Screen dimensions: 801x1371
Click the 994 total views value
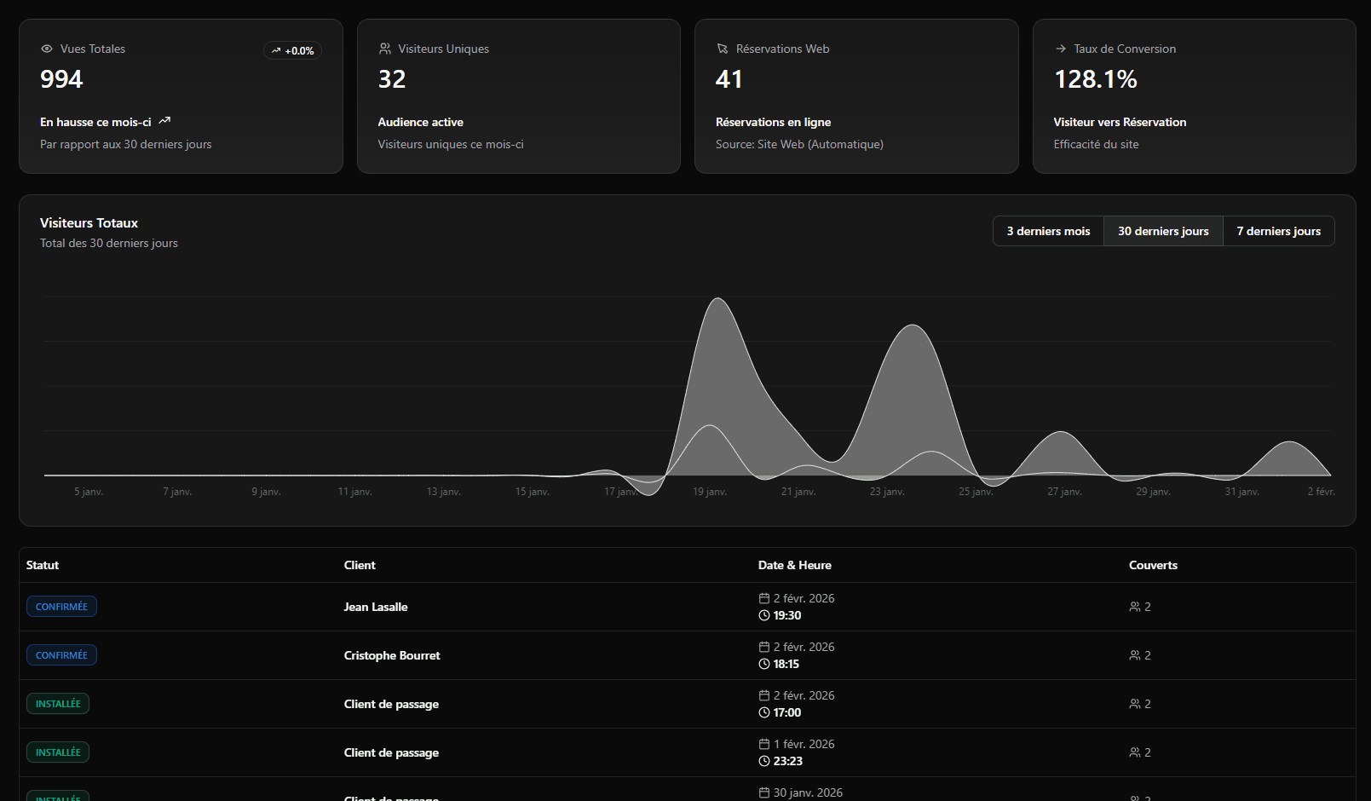click(x=61, y=79)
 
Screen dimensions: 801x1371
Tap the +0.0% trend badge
click(x=292, y=51)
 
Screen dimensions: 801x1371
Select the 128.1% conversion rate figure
click(x=1095, y=79)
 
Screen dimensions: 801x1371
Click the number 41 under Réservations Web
click(x=729, y=79)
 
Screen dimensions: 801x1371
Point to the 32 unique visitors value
click(x=392, y=79)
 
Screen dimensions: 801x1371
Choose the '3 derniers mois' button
click(x=1048, y=231)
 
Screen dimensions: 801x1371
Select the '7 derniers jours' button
click(x=1278, y=231)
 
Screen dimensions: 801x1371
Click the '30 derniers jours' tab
click(x=1163, y=231)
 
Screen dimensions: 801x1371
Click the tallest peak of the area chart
click(x=718, y=299)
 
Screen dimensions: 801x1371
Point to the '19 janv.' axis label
click(x=709, y=492)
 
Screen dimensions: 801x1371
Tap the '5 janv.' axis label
click(x=89, y=492)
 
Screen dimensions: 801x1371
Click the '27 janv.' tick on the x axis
click(x=1064, y=492)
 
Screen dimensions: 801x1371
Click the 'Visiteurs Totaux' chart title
click(x=89, y=223)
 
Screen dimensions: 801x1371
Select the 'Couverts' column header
click(x=1153, y=565)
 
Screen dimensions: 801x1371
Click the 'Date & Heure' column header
click(x=794, y=565)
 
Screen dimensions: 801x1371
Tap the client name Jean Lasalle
click(x=376, y=607)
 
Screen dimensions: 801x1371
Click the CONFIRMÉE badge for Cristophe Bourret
click(x=61, y=655)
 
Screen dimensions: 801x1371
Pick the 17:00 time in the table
click(x=786, y=712)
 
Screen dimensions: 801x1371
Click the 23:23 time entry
click(x=787, y=761)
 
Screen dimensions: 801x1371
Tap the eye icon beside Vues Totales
click(x=47, y=49)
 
